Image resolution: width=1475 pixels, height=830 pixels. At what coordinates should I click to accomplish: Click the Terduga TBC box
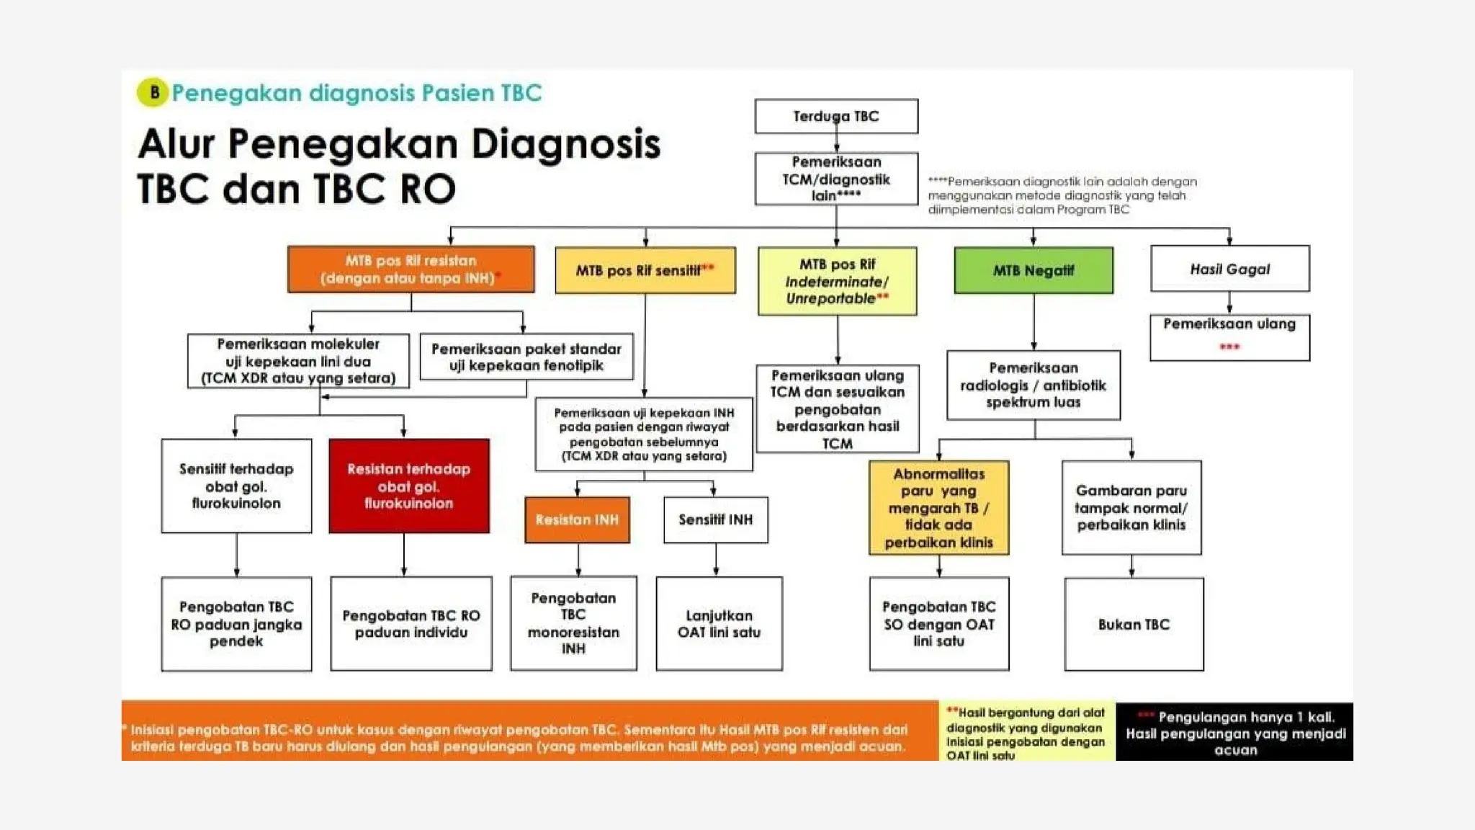836,116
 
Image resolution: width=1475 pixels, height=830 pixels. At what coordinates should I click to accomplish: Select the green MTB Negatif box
1034,270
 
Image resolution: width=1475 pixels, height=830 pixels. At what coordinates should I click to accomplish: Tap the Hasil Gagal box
1229,269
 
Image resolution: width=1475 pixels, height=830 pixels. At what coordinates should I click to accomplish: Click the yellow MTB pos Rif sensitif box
645,270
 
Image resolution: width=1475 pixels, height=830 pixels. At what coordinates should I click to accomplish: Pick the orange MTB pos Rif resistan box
411,269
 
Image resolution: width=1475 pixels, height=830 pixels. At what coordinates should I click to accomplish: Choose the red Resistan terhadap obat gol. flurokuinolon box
408,486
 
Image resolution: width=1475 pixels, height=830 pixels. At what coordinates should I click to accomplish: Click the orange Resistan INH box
577,519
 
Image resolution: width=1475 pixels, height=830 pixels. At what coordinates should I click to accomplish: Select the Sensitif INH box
715,519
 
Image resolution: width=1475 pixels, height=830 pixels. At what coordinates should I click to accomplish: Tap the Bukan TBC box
1134,624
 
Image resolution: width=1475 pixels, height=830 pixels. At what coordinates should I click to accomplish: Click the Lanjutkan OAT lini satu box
719,624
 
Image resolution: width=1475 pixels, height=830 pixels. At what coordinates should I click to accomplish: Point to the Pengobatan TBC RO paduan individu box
411,624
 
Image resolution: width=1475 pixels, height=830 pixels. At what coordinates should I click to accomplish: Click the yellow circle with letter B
153,92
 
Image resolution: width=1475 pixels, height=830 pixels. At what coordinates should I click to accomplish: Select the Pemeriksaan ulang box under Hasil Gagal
1229,337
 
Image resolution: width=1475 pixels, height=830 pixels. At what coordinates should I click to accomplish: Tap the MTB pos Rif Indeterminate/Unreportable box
837,281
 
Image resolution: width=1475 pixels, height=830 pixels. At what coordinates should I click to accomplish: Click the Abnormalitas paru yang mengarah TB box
938,508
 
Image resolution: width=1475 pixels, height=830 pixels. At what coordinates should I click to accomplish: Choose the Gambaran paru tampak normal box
1131,508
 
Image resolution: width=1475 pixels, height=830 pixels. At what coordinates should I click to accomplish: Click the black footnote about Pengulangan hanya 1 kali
1234,732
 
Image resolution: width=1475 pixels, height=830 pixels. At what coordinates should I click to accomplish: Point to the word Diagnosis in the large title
565,143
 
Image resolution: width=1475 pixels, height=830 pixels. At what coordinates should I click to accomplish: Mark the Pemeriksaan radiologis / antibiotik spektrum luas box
1033,385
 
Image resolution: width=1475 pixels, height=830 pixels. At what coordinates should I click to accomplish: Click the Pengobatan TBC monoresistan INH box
573,623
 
